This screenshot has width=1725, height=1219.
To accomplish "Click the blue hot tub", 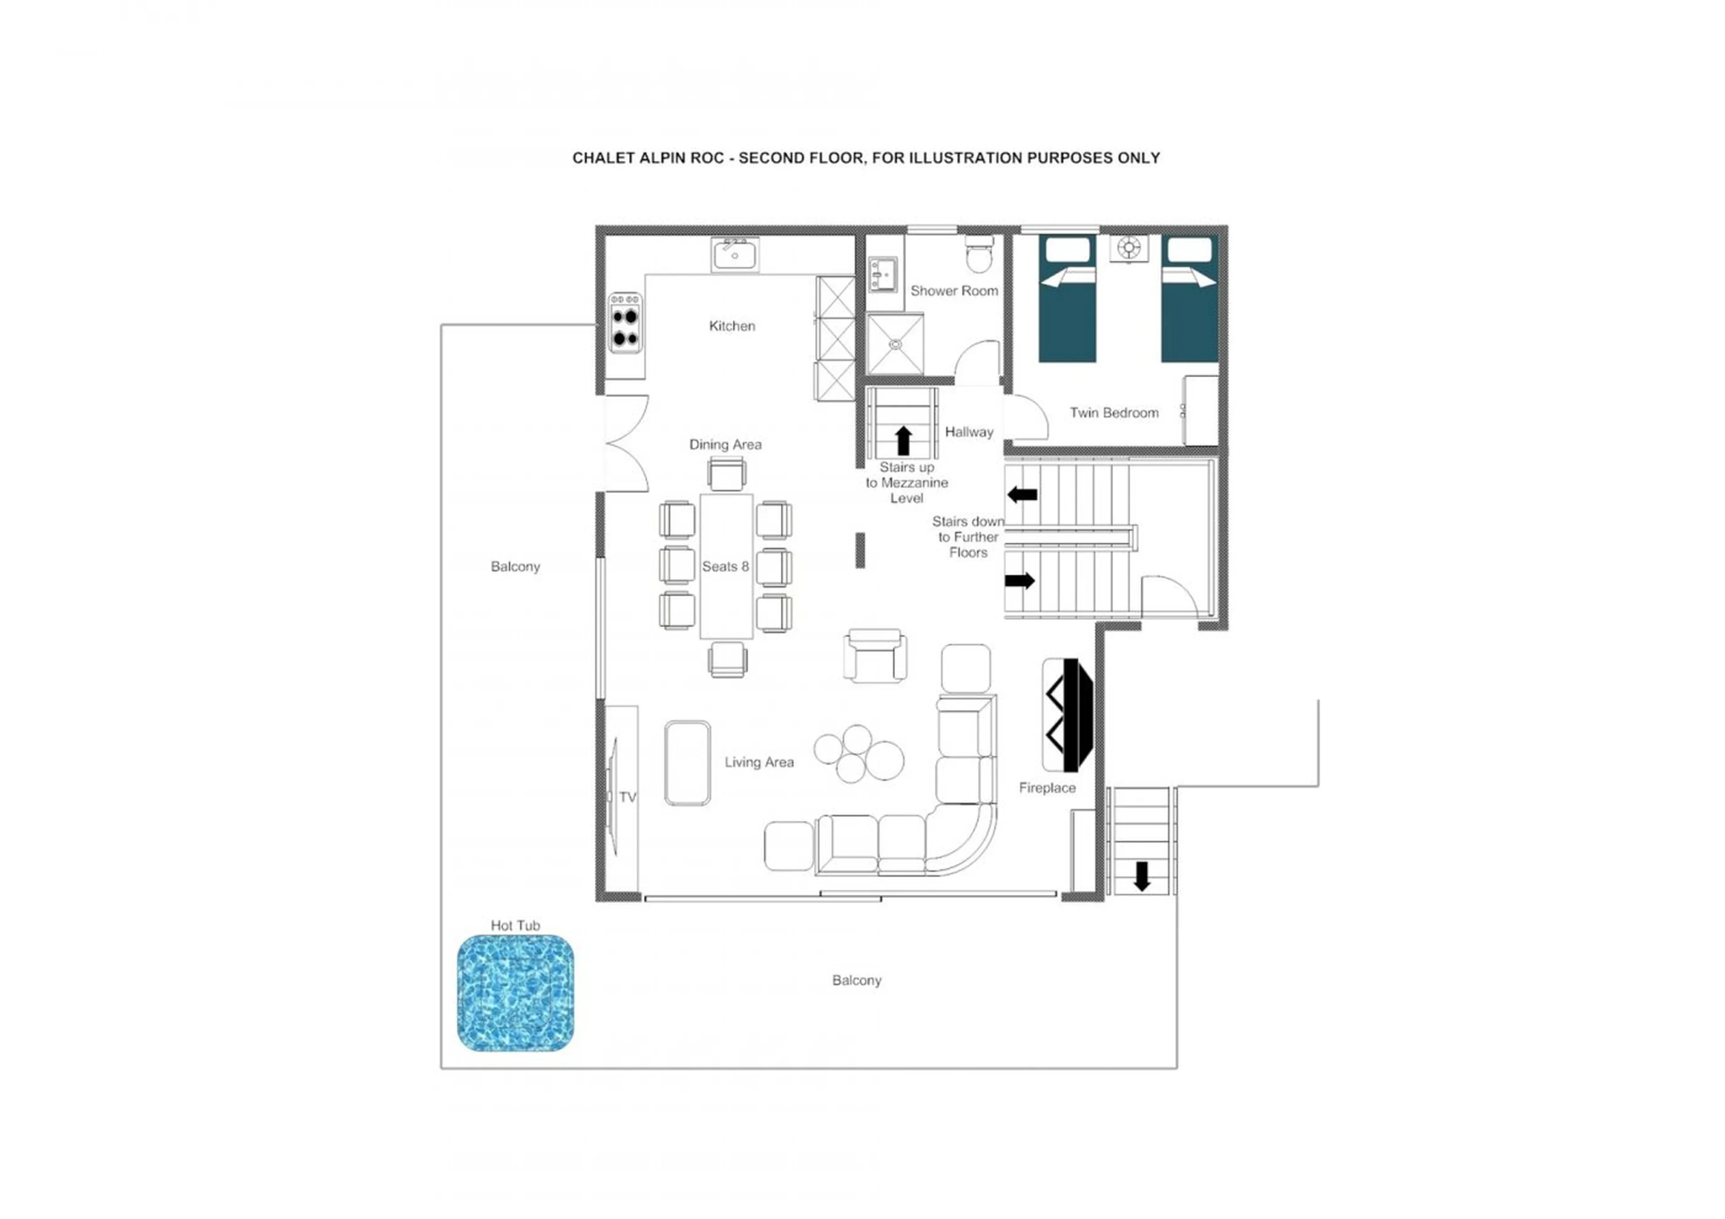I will pos(515,992).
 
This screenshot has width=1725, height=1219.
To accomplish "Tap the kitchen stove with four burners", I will pos(624,322).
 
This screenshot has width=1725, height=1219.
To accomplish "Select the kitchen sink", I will pos(735,255).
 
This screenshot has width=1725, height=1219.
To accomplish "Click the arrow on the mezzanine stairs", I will pos(904,440).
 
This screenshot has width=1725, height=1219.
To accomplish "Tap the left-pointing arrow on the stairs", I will pos(1022,494).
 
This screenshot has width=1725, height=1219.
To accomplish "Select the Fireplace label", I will pos(1047,788).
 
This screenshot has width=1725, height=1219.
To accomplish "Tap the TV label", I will pos(628,797).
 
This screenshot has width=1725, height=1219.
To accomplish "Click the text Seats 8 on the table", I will pos(725,566).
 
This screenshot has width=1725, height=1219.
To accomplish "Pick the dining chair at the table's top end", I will pos(726,474).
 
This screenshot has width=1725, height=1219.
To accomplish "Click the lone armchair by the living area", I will pos(875,656).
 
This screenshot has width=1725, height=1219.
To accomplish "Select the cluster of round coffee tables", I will pos(859,753).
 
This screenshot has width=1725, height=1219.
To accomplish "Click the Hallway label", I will pos(969,432).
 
